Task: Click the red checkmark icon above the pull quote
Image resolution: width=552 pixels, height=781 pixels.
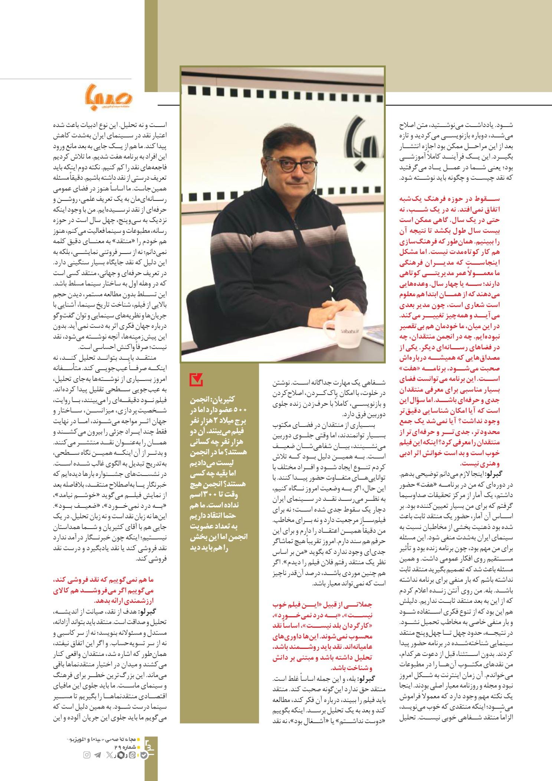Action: [195, 379]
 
